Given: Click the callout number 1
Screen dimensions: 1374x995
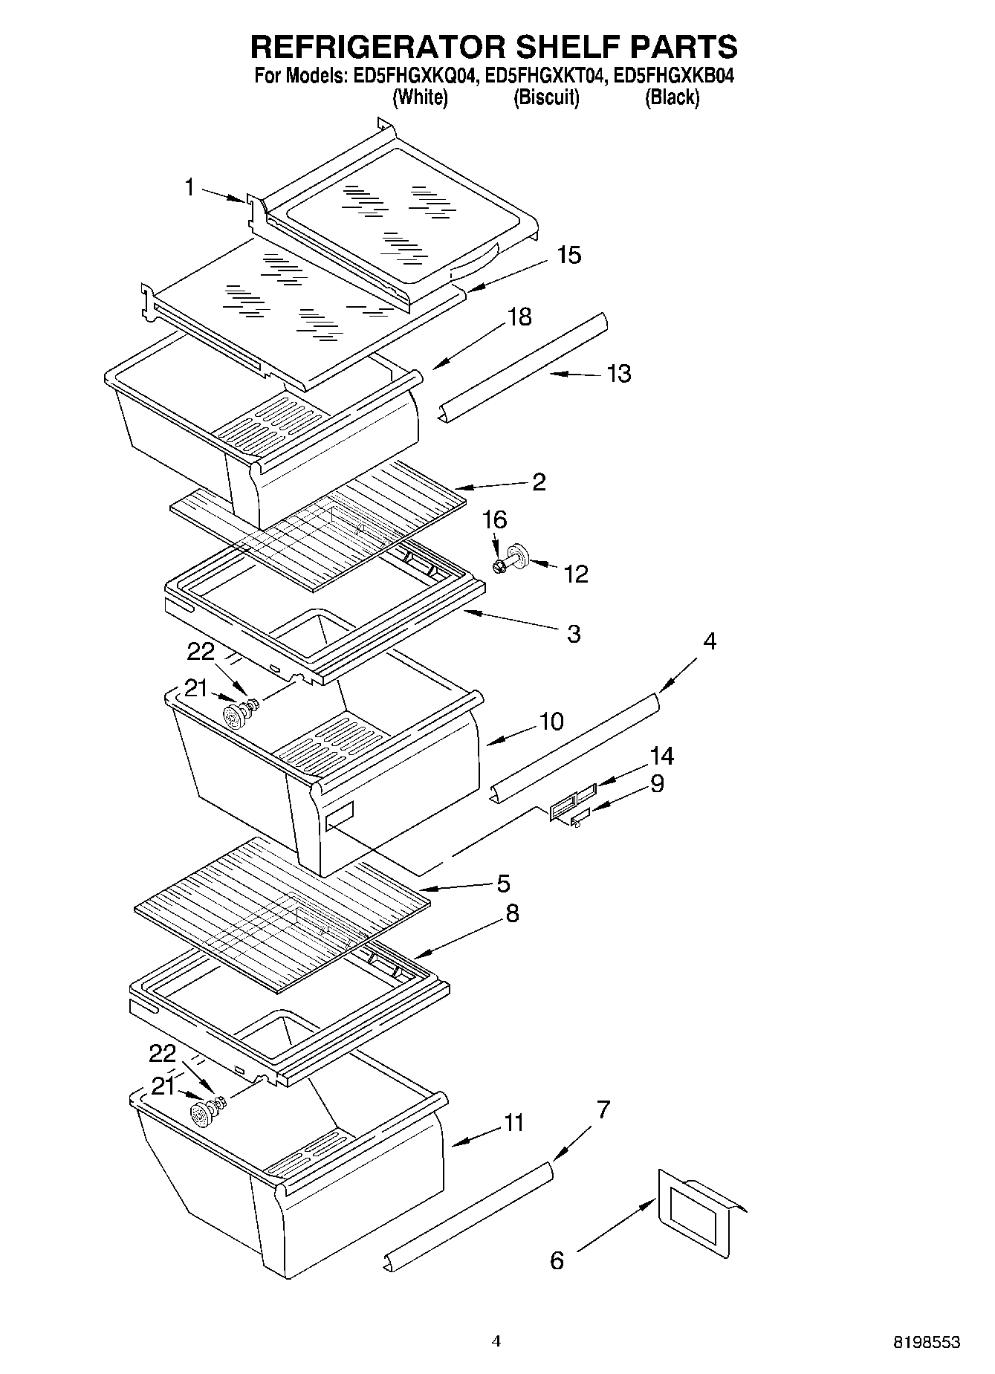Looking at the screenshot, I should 189,187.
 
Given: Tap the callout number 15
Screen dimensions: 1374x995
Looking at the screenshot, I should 568,255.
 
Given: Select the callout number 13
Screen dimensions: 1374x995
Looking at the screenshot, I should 618,373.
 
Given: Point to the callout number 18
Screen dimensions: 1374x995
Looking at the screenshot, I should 519,317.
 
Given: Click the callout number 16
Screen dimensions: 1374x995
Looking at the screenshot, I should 494,519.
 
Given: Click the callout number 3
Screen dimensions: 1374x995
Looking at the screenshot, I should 573,634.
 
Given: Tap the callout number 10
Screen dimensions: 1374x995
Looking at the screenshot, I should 551,721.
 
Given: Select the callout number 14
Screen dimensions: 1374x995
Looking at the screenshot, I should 661,756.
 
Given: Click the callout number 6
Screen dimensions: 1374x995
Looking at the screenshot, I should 557,1260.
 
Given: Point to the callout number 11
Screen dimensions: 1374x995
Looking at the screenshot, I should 513,1123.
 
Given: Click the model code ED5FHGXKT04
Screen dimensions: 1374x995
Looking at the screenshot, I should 548,76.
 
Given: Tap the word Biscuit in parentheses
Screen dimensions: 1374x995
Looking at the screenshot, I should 546,97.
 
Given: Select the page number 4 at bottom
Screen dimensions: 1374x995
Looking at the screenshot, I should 496,1341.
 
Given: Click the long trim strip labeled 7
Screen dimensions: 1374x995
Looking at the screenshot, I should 470,1214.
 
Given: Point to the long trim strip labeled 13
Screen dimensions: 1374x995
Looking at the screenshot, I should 524,366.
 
